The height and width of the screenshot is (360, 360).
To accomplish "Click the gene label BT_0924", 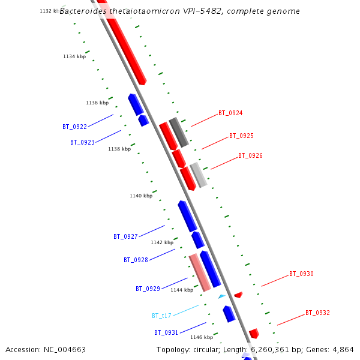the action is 230,113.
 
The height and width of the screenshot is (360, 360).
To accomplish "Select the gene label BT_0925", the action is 241,136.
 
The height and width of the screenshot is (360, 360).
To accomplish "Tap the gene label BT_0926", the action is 250,155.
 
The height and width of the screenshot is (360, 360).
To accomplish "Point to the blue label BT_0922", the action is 74,127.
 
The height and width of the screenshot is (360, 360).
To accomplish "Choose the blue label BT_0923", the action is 82,142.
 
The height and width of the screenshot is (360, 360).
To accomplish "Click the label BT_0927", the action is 125,236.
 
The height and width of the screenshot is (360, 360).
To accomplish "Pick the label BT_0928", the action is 136,260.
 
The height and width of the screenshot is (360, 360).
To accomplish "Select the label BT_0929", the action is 148,289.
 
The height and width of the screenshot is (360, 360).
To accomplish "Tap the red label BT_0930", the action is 301,274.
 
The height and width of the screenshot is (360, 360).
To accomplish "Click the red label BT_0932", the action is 317,313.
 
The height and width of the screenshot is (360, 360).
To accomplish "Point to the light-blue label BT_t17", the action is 161,316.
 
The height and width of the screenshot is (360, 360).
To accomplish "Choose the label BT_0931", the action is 166,332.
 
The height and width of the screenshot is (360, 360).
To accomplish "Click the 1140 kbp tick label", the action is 141,196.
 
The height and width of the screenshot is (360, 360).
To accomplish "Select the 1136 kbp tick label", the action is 97,103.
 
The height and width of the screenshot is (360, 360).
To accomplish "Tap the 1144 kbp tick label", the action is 182,290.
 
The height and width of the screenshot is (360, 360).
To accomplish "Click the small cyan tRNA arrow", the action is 221,296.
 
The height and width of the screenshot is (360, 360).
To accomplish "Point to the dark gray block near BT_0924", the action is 179,132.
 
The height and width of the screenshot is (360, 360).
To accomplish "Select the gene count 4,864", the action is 343,349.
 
